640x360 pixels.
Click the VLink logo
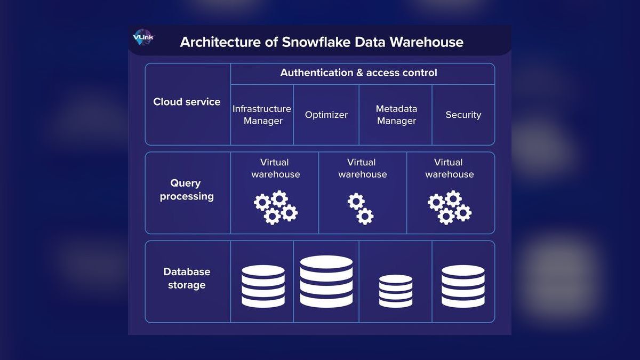(x=143, y=37)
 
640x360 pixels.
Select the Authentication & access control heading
(x=358, y=73)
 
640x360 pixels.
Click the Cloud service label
(x=187, y=102)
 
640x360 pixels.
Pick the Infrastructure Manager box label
(x=262, y=115)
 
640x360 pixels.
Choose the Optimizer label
(x=326, y=115)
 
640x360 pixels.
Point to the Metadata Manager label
(x=396, y=115)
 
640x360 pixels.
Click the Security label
(x=463, y=115)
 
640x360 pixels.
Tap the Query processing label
(x=186, y=190)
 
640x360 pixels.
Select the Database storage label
(x=187, y=278)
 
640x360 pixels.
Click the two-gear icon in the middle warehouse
(x=361, y=209)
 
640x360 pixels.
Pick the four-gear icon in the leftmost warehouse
(x=276, y=207)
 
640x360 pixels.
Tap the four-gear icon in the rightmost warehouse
(x=450, y=207)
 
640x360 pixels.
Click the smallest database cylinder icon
(x=396, y=291)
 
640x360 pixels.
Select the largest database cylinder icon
(x=326, y=282)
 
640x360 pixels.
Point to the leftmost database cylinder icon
(x=263, y=286)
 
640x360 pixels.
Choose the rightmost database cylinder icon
(x=463, y=286)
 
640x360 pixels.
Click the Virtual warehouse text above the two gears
(x=362, y=169)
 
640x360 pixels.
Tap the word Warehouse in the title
(x=426, y=42)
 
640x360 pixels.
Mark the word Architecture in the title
(x=220, y=42)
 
